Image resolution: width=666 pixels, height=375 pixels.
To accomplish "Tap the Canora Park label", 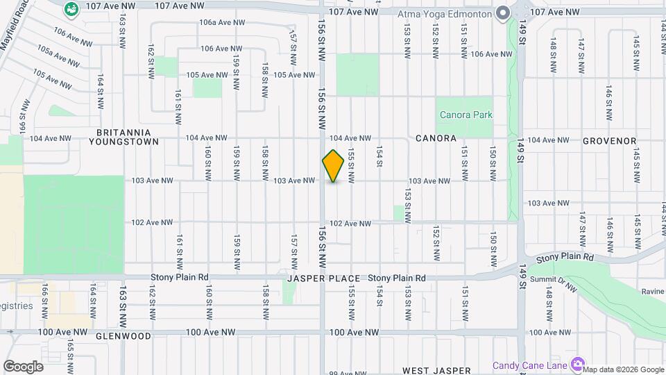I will point(464,115).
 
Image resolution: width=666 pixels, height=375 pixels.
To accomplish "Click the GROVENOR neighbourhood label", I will point(610,140).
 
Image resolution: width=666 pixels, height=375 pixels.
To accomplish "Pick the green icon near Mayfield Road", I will point(70,10).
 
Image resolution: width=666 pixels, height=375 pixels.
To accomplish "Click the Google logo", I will point(23,366).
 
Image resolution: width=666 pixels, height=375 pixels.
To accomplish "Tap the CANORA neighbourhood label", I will point(436,138).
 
